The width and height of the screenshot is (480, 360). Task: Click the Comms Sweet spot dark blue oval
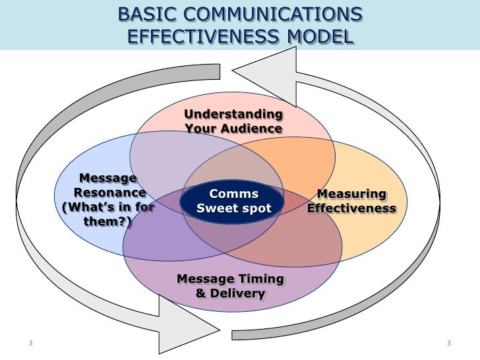(233, 201)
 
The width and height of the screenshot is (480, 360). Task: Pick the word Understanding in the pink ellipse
(233, 114)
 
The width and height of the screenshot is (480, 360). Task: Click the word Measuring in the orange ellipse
(352, 194)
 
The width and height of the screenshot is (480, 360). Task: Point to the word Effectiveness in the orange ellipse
(352, 208)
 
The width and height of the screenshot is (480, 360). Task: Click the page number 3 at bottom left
(31, 343)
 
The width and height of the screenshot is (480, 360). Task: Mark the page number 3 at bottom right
(448, 343)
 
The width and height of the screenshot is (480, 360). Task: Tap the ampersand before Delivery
(201, 293)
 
